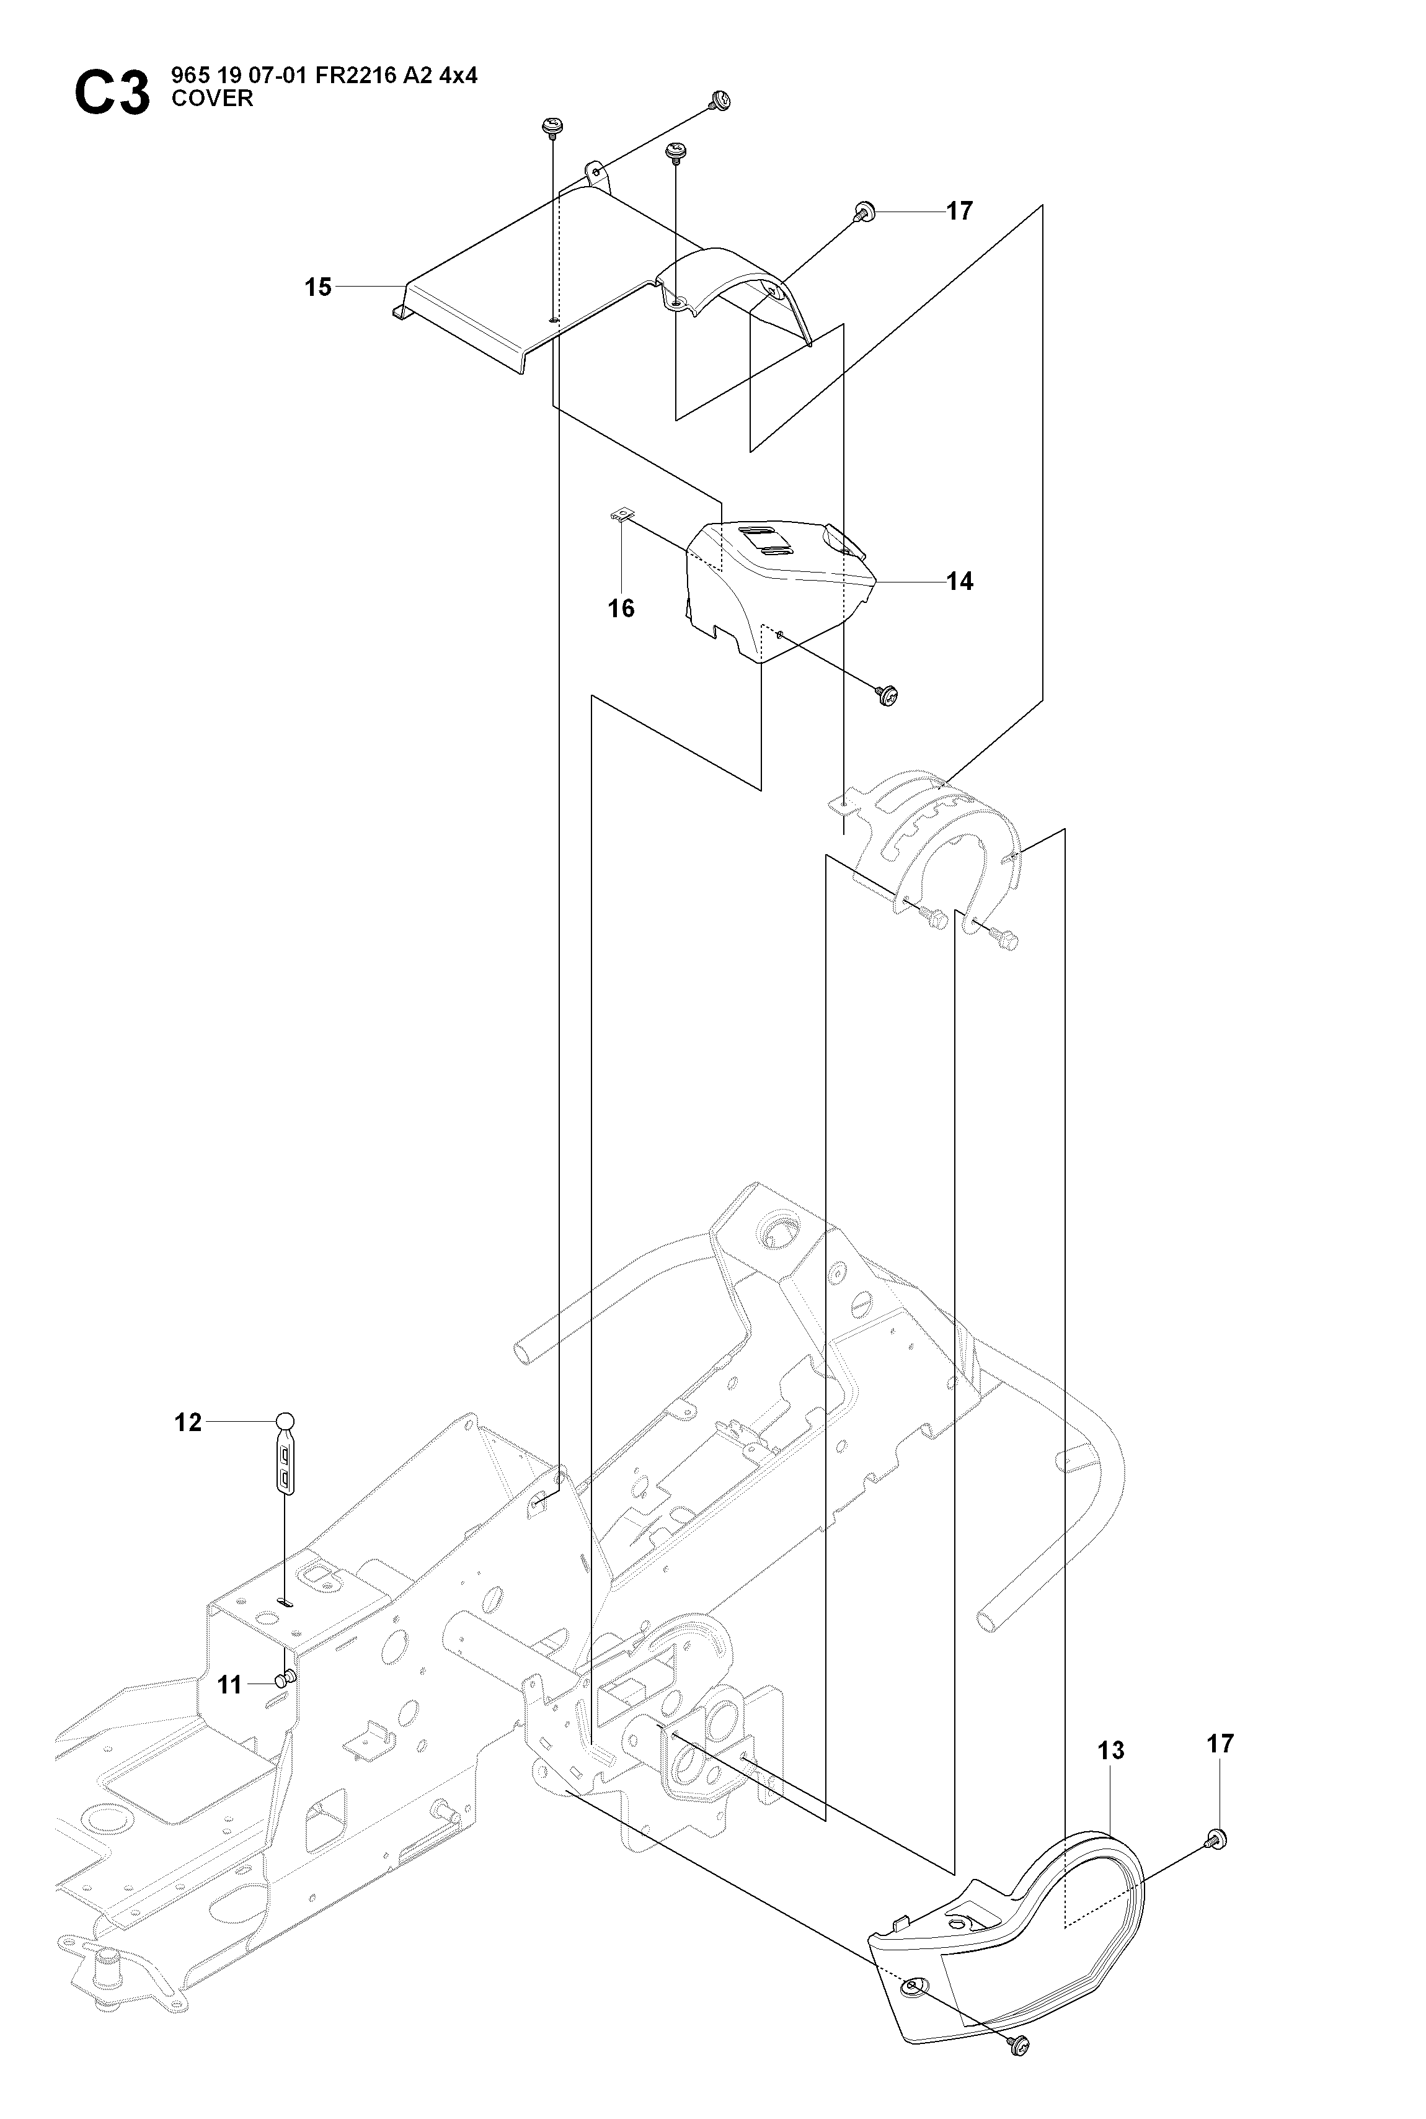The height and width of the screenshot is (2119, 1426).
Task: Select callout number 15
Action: pyautogui.click(x=318, y=287)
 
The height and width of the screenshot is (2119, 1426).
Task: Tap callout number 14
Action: pyautogui.click(x=960, y=581)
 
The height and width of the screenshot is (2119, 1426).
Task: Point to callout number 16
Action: pyautogui.click(x=621, y=609)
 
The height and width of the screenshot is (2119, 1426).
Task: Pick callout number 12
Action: pyautogui.click(x=188, y=1422)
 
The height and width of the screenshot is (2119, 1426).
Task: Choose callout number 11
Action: pyautogui.click(x=230, y=1685)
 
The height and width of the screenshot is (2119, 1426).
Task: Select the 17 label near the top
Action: pyautogui.click(x=960, y=211)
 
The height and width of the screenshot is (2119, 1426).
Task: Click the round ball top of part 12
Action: pyautogui.click(x=286, y=1421)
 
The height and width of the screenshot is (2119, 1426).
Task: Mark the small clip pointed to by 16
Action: pyautogui.click(x=620, y=516)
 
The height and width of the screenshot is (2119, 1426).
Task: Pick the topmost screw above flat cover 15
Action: pyautogui.click(x=721, y=100)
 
